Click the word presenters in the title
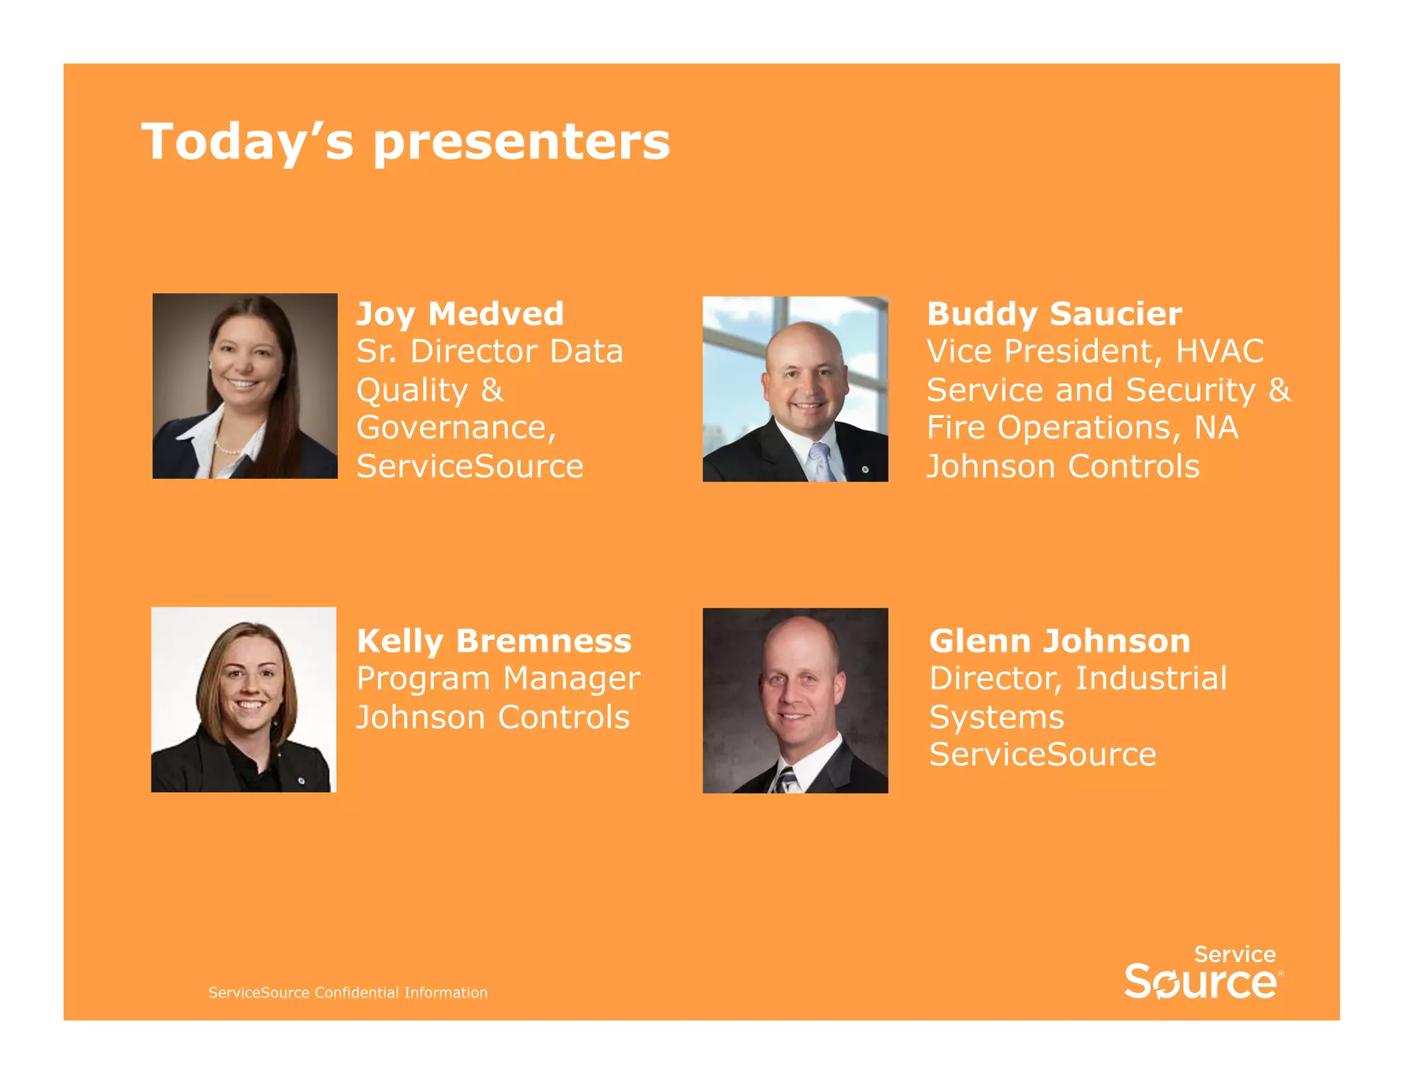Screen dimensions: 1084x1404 pos(522,143)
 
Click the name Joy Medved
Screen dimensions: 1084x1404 pos(460,314)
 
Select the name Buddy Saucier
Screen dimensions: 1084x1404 pos(1054,314)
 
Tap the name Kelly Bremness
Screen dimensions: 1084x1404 pos(494,641)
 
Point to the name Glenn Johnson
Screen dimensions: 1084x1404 pos(1059,641)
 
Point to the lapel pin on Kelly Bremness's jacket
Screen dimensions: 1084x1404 pos(301,779)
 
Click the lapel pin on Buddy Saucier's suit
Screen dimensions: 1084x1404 pos(865,469)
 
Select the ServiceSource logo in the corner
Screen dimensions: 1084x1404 pos(1203,973)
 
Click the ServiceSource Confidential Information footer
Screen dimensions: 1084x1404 pos(348,992)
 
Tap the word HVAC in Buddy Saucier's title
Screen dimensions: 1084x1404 pos(1220,352)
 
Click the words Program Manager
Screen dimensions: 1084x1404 pos(498,678)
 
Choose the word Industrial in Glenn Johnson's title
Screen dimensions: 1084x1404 pos(1151,678)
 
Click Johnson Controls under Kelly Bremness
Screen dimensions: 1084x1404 pos(493,717)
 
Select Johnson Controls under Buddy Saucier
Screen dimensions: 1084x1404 pos(1063,467)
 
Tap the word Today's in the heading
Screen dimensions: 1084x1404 pos(247,143)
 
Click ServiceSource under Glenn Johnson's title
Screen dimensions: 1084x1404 pos(1043,754)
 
